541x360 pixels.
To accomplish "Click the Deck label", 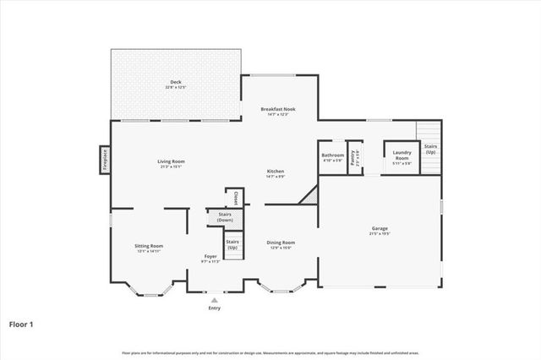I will [x=175, y=82].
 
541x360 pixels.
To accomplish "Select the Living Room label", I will [x=171, y=161].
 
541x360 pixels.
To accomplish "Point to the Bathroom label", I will [x=331, y=155].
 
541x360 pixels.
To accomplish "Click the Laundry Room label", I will [x=402, y=158].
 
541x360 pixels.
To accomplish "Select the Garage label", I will [x=380, y=229].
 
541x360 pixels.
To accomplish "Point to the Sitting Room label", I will [x=149, y=246].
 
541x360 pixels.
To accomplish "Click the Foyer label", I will [x=210, y=256].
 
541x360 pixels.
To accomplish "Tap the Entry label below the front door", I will [x=214, y=308].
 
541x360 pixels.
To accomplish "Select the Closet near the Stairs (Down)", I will [x=236, y=198].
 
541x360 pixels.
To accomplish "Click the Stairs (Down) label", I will [x=225, y=217].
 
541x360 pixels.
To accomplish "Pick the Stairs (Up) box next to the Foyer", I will [x=232, y=245].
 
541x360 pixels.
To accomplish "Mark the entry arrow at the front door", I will [x=214, y=298].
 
